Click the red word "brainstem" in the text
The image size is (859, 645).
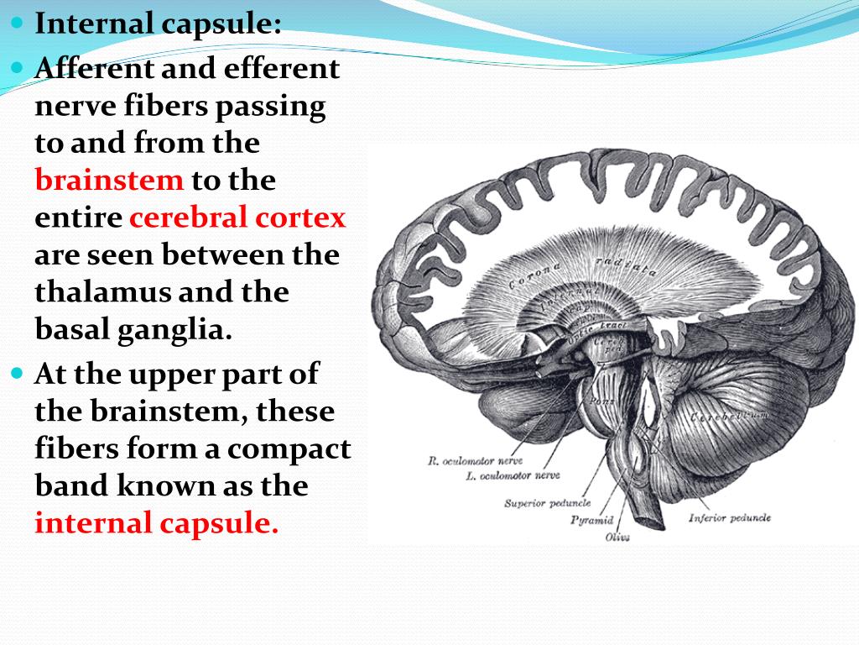point(109,181)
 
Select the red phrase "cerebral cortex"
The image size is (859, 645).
point(237,218)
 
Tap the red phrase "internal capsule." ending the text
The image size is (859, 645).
point(156,523)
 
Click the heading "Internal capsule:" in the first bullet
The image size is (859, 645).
point(158,23)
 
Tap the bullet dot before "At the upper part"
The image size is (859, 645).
point(19,373)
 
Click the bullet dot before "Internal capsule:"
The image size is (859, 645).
point(19,23)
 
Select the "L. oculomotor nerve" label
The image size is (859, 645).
point(513,475)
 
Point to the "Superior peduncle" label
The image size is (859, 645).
point(547,503)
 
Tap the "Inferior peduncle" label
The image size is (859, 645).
point(729,517)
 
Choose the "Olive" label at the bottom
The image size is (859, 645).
point(617,537)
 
